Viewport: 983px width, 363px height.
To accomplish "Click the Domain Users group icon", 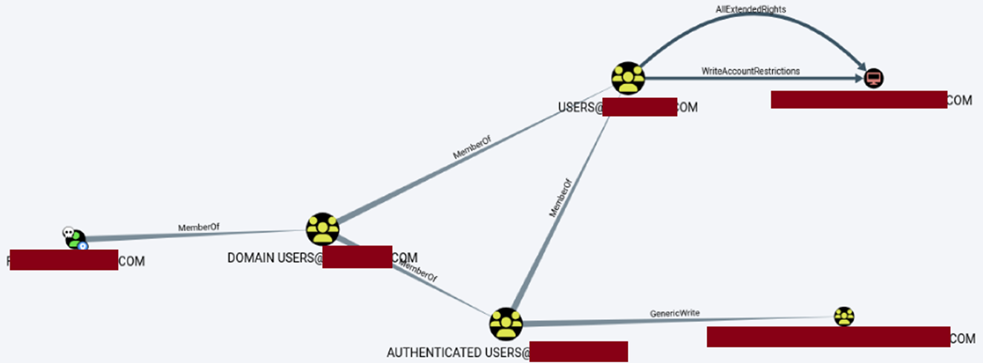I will coord(322,229).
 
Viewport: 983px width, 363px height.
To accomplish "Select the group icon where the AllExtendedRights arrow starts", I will coord(628,78).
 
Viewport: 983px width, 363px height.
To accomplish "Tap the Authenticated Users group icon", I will coord(506,324).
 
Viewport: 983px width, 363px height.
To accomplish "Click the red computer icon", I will coord(874,77).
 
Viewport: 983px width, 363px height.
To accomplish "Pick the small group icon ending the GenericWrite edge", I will coord(843,317).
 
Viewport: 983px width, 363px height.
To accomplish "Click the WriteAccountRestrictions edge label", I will coord(751,71).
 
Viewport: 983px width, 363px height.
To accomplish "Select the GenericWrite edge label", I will coord(674,313).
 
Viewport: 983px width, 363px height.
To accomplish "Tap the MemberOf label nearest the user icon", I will coord(199,227).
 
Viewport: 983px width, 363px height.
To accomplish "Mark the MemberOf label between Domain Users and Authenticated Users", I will coord(418,271).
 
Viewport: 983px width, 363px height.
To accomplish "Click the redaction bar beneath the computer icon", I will coord(858,99).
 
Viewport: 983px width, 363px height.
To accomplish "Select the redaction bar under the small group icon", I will coord(828,336).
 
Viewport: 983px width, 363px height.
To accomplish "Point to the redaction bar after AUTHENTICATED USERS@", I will coord(578,351).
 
